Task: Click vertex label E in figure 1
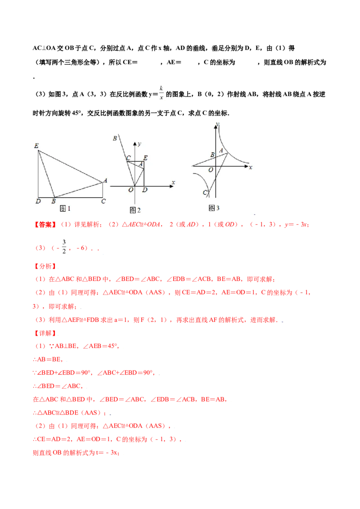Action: click(36, 146)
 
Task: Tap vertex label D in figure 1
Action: click(38, 201)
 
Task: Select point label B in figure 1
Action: click(53, 201)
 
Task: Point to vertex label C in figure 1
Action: click(103, 201)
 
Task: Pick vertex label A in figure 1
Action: click(105, 180)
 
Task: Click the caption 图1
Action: click(66, 208)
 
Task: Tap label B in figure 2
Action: click(115, 138)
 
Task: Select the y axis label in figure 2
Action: click(140, 143)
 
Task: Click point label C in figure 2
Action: click(128, 158)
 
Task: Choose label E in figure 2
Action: click(145, 158)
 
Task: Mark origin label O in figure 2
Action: click(131, 190)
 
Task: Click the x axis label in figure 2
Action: click(173, 182)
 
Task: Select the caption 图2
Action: click(135, 210)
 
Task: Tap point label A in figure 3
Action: click(221, 151)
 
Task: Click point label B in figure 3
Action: click(212, 155)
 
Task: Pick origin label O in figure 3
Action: click(211, 170)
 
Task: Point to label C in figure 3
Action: click(205, 192)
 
